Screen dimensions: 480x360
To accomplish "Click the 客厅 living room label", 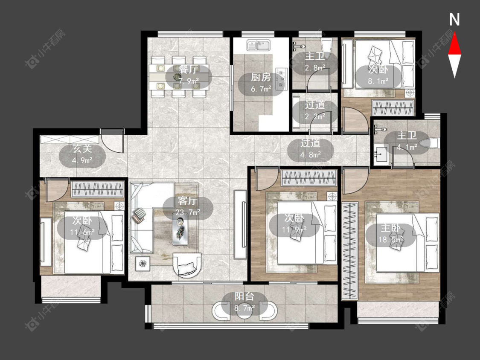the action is (187, 201).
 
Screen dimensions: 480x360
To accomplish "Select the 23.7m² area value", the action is (188, 212).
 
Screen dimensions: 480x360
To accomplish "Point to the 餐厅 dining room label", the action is (188, 70).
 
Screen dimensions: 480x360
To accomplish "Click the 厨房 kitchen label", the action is (261, 77).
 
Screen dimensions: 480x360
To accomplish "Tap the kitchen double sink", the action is (259, 46).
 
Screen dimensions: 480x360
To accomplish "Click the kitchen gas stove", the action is (282, 78).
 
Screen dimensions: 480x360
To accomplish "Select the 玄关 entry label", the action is (82, 149).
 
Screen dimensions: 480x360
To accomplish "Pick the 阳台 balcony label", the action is (244, 296).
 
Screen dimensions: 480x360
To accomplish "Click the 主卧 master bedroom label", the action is (390, 228).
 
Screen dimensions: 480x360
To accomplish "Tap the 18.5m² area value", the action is (390, 239).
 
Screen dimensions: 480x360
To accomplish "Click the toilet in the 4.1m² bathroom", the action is (430, 143).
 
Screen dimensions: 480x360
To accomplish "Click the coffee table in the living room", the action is (180, 229).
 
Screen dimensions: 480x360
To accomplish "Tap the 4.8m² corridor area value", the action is (311, 154).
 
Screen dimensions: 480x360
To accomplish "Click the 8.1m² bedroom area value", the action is (378, 81).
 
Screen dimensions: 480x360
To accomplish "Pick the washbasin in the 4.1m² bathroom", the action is (381, 154).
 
